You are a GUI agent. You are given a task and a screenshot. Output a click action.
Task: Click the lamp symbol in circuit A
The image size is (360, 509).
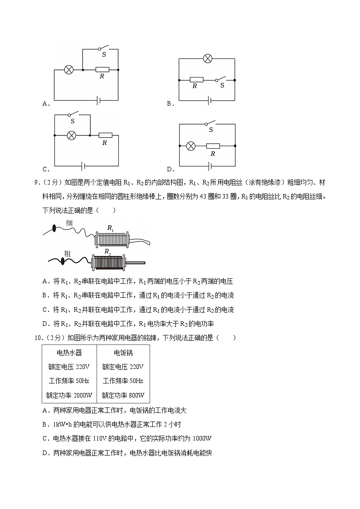click(69, 70)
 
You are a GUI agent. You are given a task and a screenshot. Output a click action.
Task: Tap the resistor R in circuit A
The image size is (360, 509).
click(102, 70)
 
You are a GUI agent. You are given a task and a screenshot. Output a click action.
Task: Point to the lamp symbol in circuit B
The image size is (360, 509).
click(208, 58)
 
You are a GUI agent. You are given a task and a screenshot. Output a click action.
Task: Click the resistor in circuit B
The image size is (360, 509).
click(196, 80)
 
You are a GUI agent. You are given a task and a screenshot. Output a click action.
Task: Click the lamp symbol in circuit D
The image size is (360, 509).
click(191, 146)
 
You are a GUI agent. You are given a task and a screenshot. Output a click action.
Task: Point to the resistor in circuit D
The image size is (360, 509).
click(213, 146)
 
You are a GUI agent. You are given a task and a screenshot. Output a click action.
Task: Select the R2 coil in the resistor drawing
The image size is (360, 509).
click(108, 262)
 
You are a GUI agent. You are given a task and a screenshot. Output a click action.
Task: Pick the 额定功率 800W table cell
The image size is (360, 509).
click(123, 395)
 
